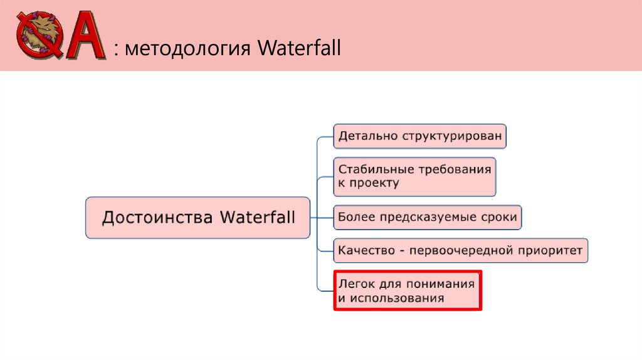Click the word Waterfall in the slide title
[298, 48]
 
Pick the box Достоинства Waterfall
[197, 218]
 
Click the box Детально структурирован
[419, 135]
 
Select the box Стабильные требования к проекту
[414, 176]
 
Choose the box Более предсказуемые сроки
[428, 218]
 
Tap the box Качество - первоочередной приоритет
[461, 251]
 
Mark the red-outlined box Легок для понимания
[407, 290]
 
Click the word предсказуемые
[428, 218]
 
